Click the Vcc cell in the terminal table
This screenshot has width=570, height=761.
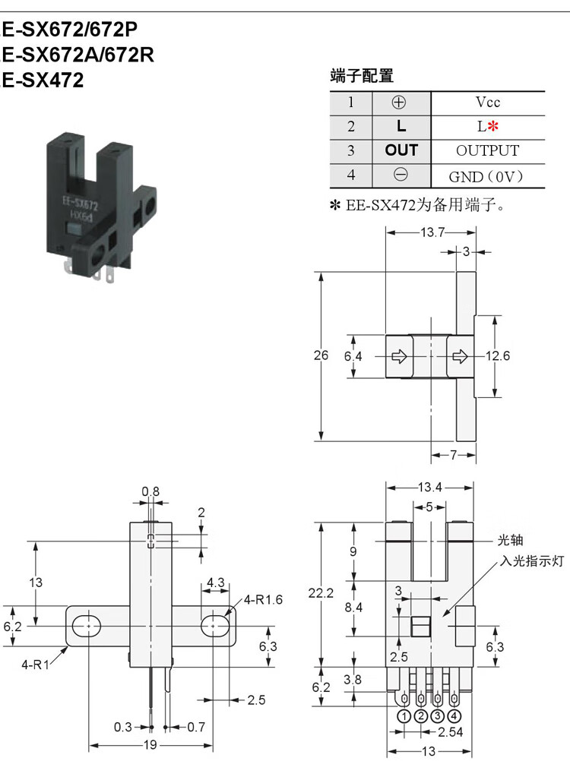tap(487, 103)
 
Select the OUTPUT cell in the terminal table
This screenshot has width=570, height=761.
tap(487, 150)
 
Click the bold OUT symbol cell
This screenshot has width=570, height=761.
tap(401, 150)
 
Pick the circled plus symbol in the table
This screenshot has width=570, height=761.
tap(398, 103)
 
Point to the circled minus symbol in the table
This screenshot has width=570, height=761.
tap(401, 175)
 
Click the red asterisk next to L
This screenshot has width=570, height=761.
tap(492, 126)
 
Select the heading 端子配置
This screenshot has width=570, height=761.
tap(361, 76)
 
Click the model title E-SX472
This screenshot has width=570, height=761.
tap(43, 80)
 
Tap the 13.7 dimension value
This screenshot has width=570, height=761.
tap(432, 232)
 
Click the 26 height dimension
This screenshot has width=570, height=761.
tap(321, 355)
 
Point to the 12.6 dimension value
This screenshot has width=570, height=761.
tap(498, 355)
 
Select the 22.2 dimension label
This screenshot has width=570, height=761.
tap(321, 593)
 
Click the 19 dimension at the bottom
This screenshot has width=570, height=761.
tap(150, 744)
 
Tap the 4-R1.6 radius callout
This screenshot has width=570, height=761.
tap(263, 600)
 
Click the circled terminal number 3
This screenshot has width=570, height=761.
tap(437, 716)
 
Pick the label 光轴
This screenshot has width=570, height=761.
tap(510, 540)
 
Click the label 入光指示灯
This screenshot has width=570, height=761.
tap(532, 561)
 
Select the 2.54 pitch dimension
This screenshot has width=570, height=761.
tap(450, 732)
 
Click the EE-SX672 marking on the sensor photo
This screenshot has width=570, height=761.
tap(80, 204)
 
